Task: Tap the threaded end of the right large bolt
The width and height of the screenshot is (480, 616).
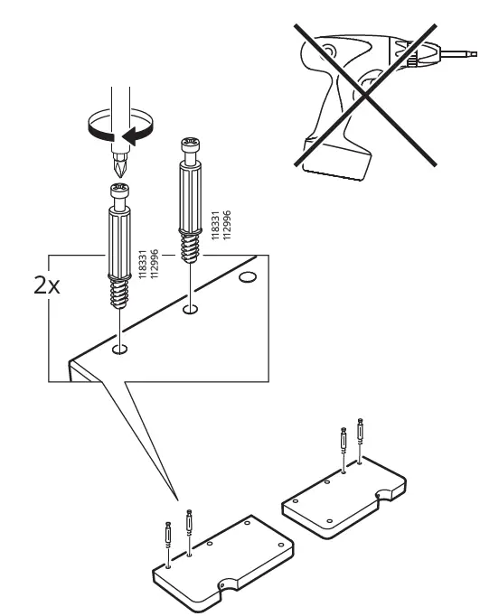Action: tap(191, 246)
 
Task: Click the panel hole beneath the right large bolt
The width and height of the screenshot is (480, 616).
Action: tap(190, 311)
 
